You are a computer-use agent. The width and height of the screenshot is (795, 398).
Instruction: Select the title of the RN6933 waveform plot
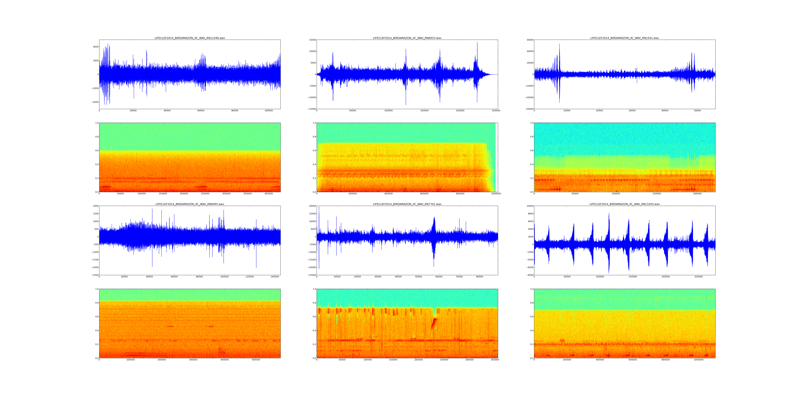click(x=407, y=38)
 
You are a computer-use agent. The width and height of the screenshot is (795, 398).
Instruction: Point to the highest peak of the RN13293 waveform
click(x=609, y=213)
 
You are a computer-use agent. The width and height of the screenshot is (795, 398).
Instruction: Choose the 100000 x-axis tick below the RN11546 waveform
click(x=268, y=111)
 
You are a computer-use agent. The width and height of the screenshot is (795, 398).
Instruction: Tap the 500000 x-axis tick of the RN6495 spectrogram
click(x=256, y=360)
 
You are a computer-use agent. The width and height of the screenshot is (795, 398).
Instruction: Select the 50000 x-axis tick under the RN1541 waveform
click(x=697, y=111)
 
